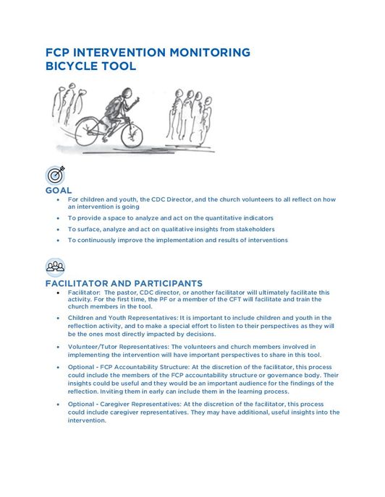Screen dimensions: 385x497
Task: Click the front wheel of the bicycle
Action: click(132, 135)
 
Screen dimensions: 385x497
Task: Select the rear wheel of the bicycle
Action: click(87, 131)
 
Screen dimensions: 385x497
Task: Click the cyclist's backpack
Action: click(112, 107)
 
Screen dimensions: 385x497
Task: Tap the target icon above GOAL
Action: click(55, 175)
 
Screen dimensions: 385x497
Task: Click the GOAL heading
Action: click(59, 190)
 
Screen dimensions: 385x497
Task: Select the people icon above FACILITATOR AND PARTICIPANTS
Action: click(55, 267)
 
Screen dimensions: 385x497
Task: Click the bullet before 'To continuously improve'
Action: click(58, 241)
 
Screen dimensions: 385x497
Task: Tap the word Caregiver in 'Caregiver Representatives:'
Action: click(114, 404)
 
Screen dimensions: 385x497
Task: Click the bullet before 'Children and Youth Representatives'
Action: click(58, 318)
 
